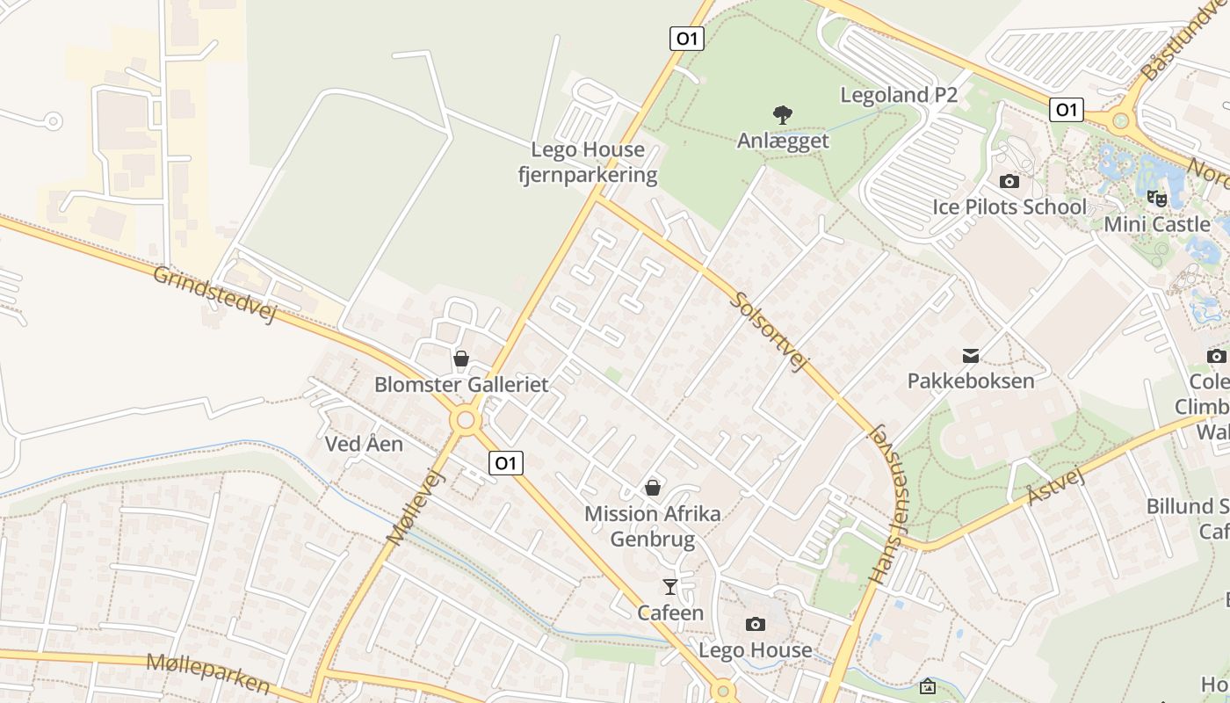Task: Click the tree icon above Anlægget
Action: click(x=782, y=114)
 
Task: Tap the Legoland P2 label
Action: click(x=899, y=95)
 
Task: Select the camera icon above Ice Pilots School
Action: click(x=1009, y=182)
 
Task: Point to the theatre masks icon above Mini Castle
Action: click(x=1156, y=199)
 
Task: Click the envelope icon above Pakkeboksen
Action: click(x=971, y=356)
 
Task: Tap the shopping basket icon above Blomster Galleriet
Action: click(x=460, y=359)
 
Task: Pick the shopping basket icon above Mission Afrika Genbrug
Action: click(x=653, y=488)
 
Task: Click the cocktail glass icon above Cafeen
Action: click(x=670, y=586)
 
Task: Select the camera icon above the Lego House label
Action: click(x=755, y=625)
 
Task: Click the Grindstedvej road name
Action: click(x=214, y=294)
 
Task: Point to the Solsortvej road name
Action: click(x=769, y=331)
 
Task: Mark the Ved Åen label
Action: click(x=364, y=444)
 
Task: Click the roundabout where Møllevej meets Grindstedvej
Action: click(x=466, y=420)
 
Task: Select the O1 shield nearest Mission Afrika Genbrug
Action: click(x=505, y=463)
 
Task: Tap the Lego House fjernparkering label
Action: click(x=587, y=163)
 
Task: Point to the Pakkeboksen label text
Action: click(x=971, y=380)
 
